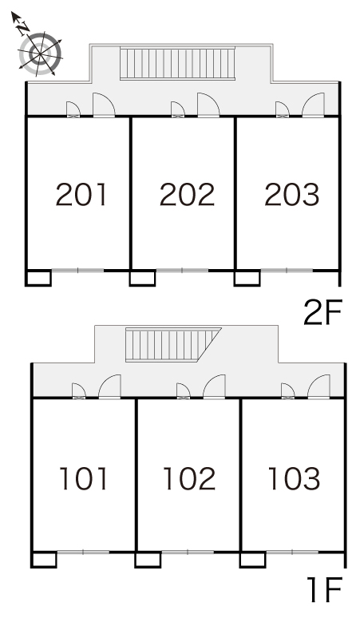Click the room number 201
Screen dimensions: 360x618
81,195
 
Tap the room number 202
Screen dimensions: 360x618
187,195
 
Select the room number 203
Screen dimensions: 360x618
292,195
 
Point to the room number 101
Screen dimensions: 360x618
84,478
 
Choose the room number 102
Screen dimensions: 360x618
189,478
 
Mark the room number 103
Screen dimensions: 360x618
294,478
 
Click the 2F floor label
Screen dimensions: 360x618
323,312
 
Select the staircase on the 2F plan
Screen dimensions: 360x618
177,63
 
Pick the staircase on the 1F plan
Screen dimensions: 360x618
173,344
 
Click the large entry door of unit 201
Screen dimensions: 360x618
104,105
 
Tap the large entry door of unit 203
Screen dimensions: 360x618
314,105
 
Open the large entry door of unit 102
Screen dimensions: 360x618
214,386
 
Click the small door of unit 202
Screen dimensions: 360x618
178,109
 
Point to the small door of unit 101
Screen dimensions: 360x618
79,391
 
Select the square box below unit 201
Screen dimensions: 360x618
38,278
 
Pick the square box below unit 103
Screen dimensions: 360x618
253,560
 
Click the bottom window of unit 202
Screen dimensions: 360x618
182,271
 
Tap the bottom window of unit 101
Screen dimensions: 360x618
84,553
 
